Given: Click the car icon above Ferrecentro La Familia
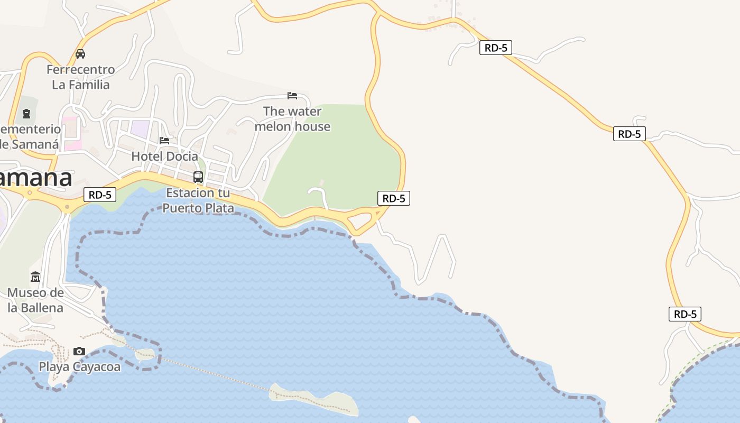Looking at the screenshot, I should coord(80,53).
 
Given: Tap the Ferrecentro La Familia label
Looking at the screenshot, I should coord(81,77).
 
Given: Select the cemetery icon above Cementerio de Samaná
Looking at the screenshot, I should coord(26,113).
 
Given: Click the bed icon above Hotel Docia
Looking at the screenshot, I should coord(164,141).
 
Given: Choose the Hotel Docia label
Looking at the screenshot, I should coord(164,157).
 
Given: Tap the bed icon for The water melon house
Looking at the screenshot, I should coord(292,96).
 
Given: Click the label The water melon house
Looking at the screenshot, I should coord(292,119).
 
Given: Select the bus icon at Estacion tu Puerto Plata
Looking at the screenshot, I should coord(198,177).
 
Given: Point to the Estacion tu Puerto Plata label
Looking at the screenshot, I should coord(198,200).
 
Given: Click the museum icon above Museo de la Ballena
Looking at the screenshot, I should coord(35,277).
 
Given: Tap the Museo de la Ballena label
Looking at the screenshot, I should coord(35,300).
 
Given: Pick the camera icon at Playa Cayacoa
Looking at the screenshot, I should coord(79,351).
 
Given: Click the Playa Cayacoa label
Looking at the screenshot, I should coord(80,366).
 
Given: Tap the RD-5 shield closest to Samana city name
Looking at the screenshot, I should coord(100,195).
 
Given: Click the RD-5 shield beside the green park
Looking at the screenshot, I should coord(394,198).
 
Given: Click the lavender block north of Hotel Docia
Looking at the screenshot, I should coord(141,128).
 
